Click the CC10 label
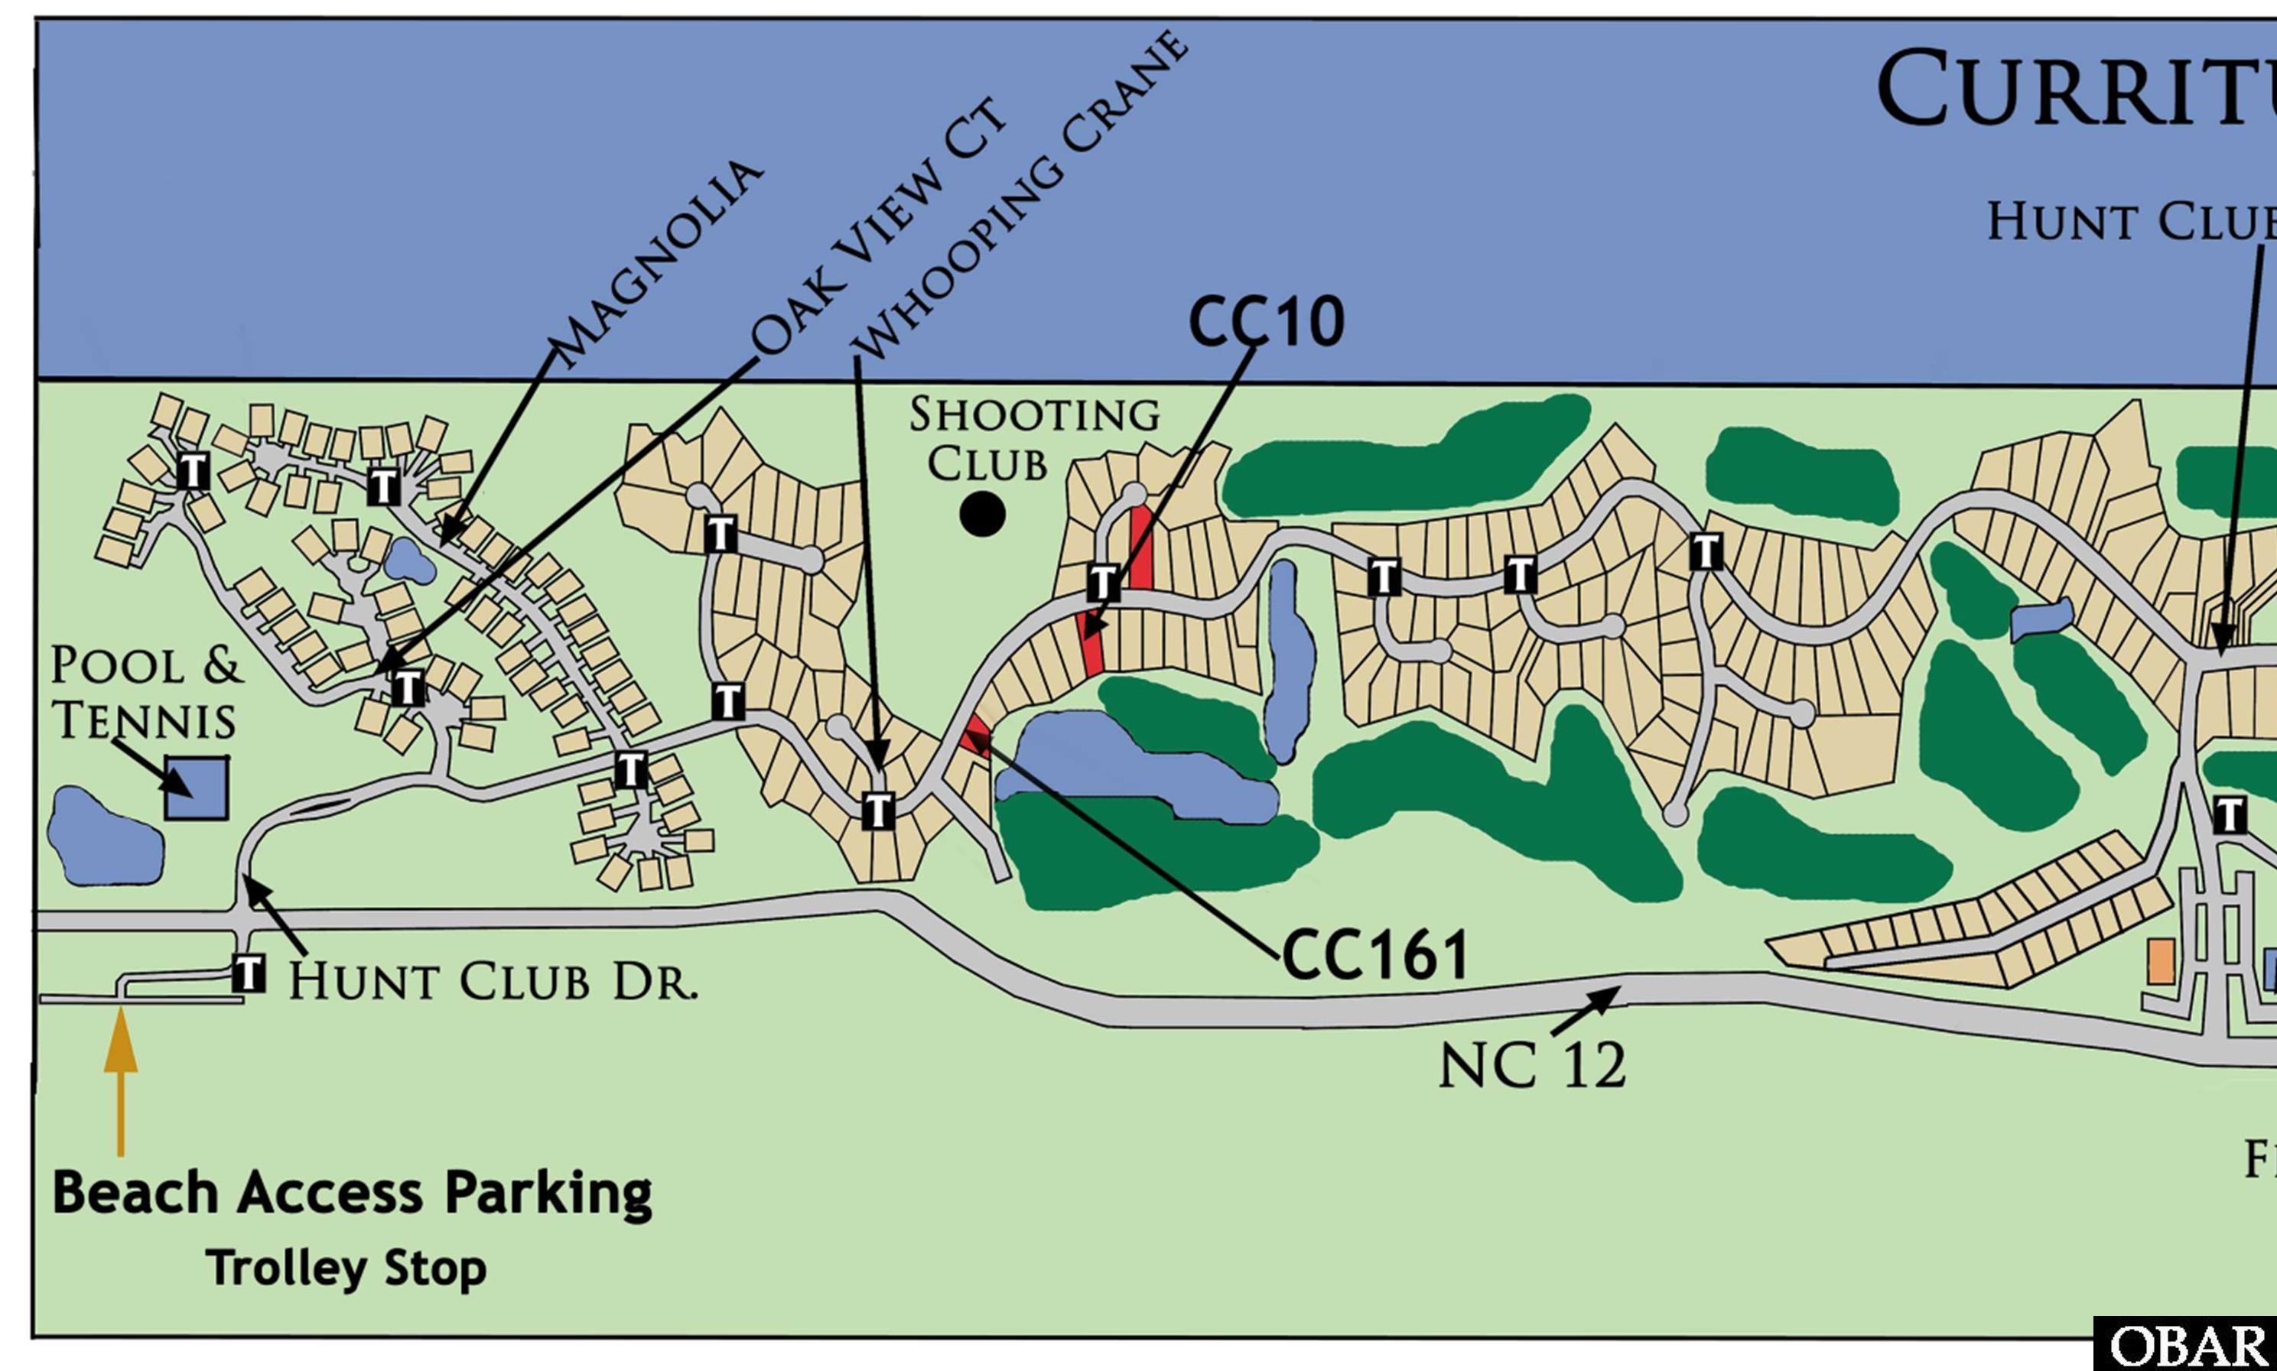click(x=1266, y=323)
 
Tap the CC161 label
click(x=1375, y=955)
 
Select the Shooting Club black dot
click(x=982, y=515)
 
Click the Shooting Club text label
click(x=1033, y=439)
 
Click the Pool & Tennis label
click(x=146, y=693)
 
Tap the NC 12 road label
click(x=1532, y=1066)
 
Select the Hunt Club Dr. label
click(x=493, y=981)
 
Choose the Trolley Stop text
click(x=346, y=1268)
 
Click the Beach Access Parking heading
click(x=352, y=1193)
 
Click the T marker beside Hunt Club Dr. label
click(x=249, y=973)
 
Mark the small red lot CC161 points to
click(x=976, y=741)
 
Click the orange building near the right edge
click(x=2160, y=962)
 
